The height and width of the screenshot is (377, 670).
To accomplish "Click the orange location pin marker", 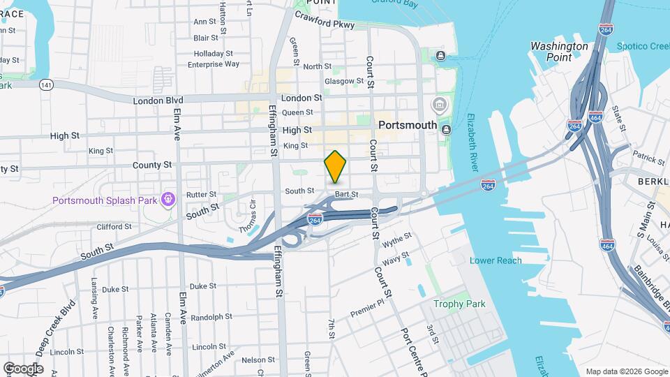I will [x=336, y=166].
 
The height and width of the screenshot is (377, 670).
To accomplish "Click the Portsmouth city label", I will [x=408, y=126].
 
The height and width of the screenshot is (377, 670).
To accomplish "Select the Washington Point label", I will [x=559, y=52].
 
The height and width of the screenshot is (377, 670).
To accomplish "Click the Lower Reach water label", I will [x=496, y=260].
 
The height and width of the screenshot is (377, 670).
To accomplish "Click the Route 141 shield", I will [x=46, y=84].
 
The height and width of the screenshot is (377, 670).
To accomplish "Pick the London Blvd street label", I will [x=158, y=101].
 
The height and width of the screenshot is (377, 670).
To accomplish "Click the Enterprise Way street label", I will [x=214, y=64].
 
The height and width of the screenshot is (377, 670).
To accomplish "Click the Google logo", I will [x=23, y=369].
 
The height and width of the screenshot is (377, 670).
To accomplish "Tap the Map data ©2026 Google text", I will [x=625, y=371].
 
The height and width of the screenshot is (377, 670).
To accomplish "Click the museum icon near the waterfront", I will [x=440, y=106].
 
